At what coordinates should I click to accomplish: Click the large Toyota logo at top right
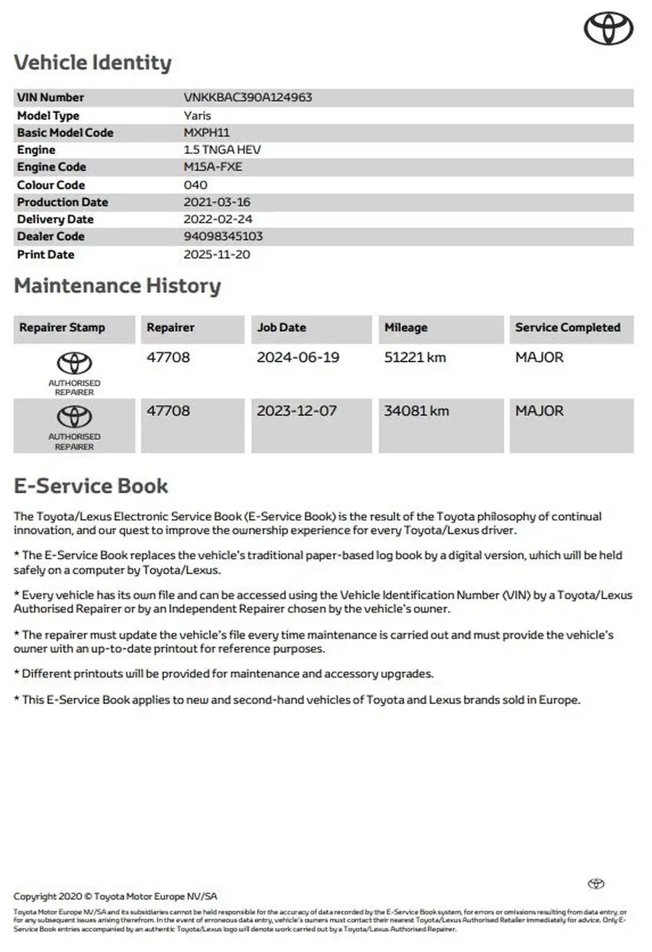coord(608,29)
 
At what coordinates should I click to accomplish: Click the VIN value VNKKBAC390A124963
coord(248,97)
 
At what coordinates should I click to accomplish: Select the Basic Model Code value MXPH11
coord(207,132)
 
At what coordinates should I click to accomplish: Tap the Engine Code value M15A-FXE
coord(213,167)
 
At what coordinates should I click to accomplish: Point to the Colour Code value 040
coord(196,184)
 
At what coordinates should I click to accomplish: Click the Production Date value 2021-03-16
coord(217,202)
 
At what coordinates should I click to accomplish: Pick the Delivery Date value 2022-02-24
coord(217,219)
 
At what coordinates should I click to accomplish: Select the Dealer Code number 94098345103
coord(223,236)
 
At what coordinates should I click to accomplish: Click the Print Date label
coord(46,255)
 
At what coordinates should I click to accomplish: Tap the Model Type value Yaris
coord(197,115)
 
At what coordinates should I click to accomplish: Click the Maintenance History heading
coord(117,286)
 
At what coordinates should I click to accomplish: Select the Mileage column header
coord(406,327)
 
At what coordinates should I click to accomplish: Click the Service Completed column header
coord(567,327)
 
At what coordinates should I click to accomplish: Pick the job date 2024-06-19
coord(298,358)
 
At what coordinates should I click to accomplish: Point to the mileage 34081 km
coord(416,411)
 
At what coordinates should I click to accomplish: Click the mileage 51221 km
coord(415,358)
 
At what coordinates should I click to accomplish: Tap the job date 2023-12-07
coord(297,411)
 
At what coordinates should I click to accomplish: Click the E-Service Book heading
coord(91,486)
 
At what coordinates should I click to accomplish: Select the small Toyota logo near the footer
coord(596,884)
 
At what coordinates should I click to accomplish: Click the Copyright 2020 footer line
coord(115,896)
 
